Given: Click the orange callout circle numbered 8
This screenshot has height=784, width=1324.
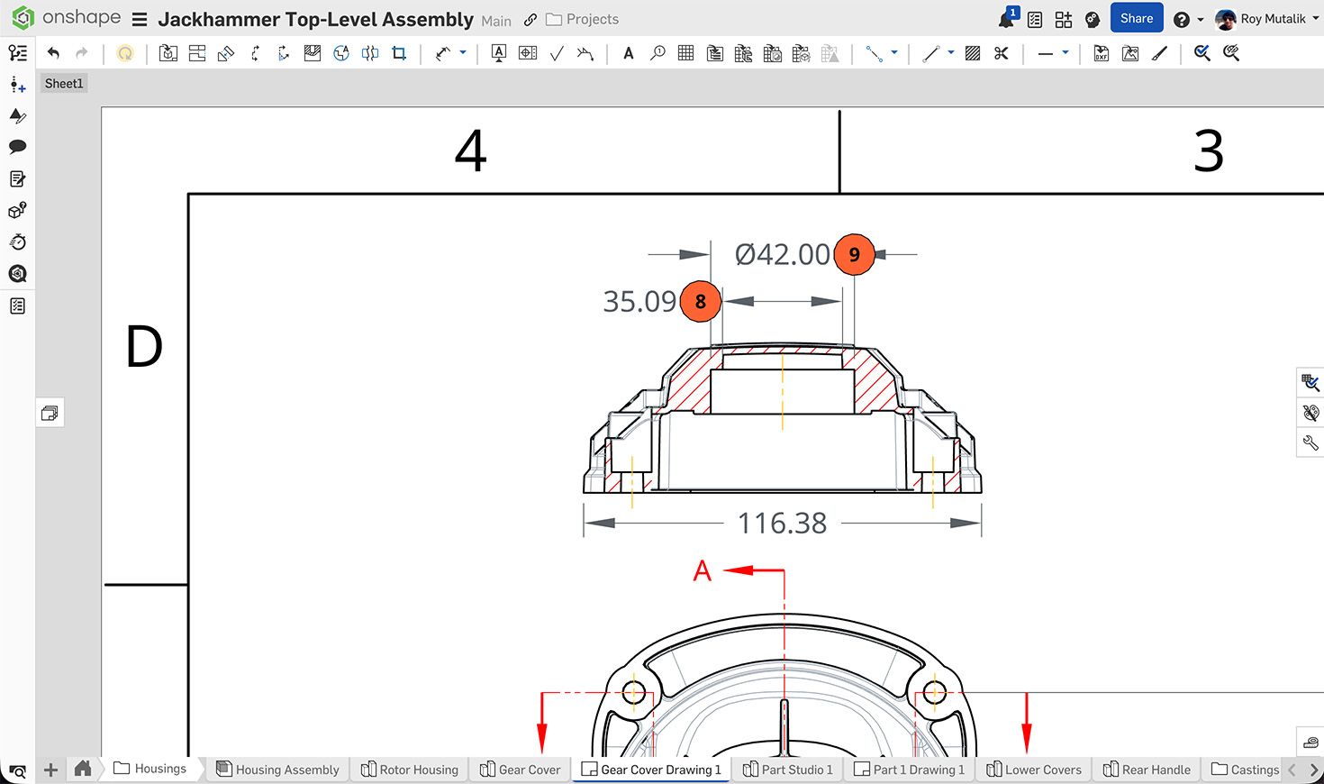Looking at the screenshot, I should pos(700,301).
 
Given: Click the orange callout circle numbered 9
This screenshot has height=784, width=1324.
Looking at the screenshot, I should pos(854,254).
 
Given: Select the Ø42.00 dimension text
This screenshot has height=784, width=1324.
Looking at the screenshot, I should pos(782,254).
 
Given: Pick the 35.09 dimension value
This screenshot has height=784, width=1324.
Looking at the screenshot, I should pos(639,301).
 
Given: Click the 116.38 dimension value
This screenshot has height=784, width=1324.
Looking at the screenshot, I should pos(782,523).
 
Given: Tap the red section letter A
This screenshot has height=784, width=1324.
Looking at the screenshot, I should pos(703,570).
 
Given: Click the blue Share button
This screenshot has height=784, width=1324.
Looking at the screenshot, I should pos(1136,18).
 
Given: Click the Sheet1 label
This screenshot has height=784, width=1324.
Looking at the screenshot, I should pos(64,84).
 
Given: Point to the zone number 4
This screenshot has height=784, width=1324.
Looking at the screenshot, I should pos(470,150).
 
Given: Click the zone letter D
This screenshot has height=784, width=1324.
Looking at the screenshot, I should pos(144,347).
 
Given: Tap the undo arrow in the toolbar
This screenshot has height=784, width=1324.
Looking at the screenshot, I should pos(53,53).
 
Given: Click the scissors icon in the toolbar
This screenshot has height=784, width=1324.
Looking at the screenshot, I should pos(1001,53).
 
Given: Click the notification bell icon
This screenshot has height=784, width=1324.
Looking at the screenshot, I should pos(1006,19).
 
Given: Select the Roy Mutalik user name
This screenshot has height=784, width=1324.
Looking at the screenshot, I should pos(1272,19).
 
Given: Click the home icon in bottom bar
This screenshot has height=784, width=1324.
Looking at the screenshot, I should pos(83,769).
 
